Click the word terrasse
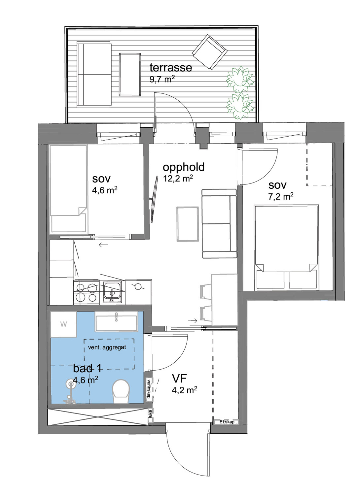[x=170, y=67]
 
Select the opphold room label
[x=184, y=168]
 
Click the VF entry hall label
[x=179, y=379]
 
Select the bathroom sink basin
[x=116, y=321]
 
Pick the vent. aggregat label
[x=107, y=347]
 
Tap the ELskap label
[x=227, y=422]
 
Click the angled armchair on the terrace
[x=210, y=52]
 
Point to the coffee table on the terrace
[x=130, y=75]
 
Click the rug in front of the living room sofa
[x=188, y=224]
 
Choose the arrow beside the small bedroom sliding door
[x=103, y=245]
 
